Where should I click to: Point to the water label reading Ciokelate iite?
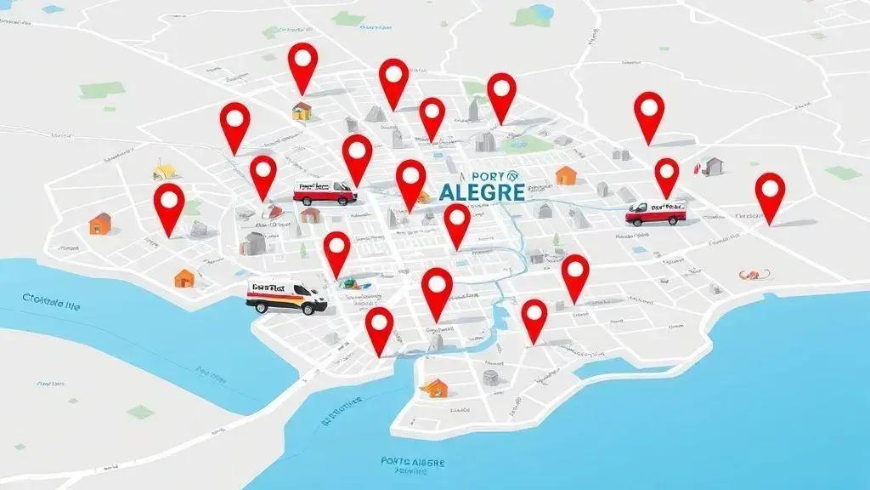(52, 301)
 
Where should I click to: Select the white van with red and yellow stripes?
(286, 295)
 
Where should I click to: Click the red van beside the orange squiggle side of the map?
(655, 212)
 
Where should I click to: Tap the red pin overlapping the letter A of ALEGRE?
(457, 225)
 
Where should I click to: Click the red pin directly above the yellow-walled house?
(302, 68)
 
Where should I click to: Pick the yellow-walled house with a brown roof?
(302, 110)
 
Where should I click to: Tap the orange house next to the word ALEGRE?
(566, 175)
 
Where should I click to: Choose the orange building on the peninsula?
(434, 389)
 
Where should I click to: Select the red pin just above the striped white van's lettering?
(337, 254)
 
